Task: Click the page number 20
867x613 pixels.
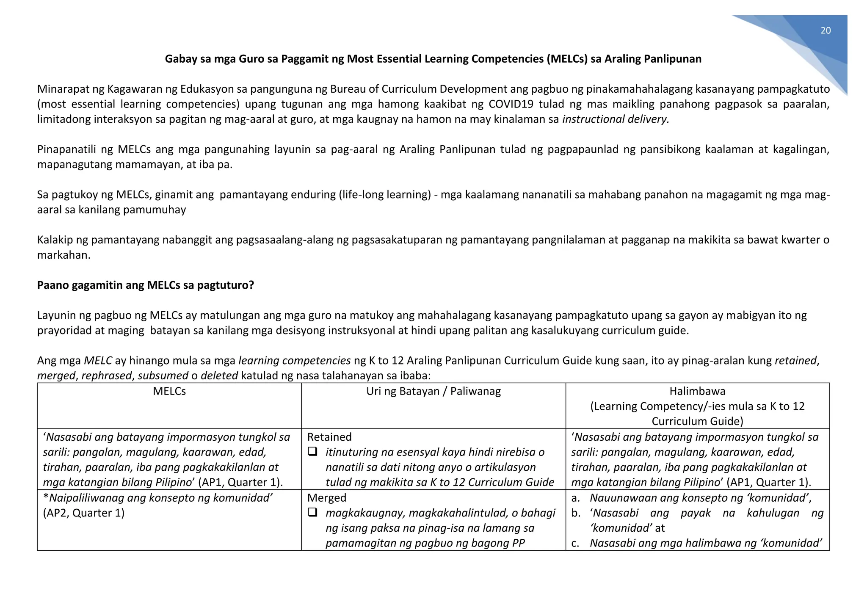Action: click(x=825, y=30)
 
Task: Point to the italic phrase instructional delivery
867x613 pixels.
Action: click(x=615, y=119)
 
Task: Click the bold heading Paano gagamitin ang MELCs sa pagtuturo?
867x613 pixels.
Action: click(x=145, y=285)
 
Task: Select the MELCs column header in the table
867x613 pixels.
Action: click(x=169, y=391)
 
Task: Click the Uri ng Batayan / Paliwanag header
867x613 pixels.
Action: click(x=433, y=391)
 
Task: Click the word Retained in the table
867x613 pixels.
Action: click(x=329, y=437)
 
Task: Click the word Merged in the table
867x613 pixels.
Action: click(x=326, y=498)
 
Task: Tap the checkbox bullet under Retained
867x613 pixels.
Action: click(x=312, y=452)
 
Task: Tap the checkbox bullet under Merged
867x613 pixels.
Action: click(x=312, y=513)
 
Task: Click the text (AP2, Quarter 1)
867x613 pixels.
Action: click(x=83, y=513)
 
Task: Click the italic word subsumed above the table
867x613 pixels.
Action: click(x=163, y=376)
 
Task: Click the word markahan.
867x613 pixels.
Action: click(x=64, y=255)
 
